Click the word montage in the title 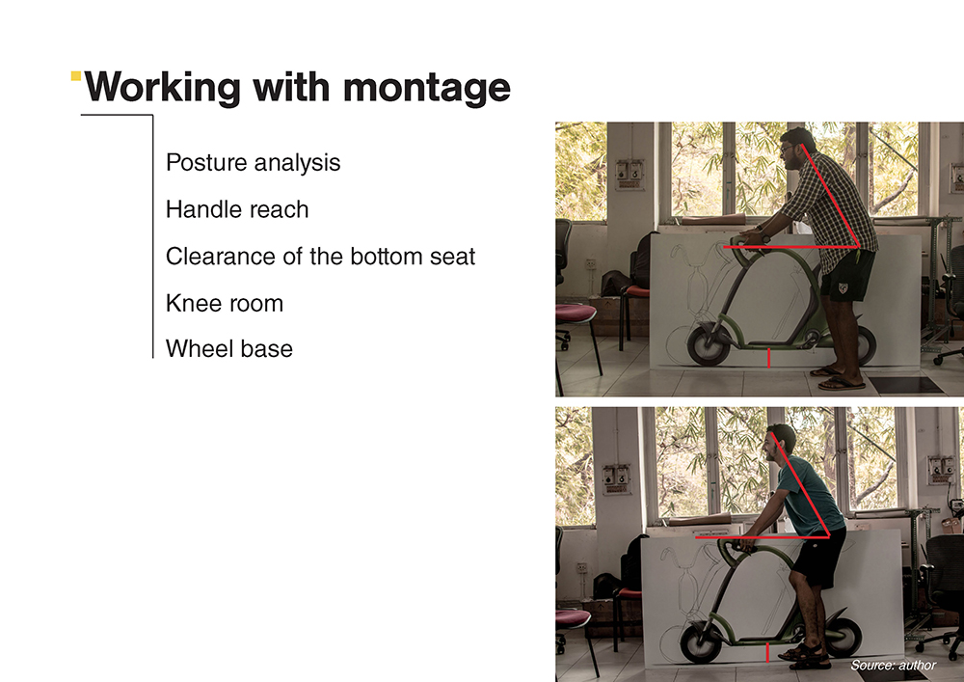point(427,89)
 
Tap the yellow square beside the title point(76,75)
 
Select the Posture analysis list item point(253,163)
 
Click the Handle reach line point(237,209)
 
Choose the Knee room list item point(225,303)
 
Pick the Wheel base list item point(229,348)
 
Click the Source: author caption point(894,665)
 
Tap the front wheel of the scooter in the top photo point(709,345)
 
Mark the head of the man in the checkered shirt point(797,149)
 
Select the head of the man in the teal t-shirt point(780,444)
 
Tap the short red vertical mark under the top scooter point(768,358)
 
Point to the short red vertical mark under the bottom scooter point(767,652)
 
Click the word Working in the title point(162,89)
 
